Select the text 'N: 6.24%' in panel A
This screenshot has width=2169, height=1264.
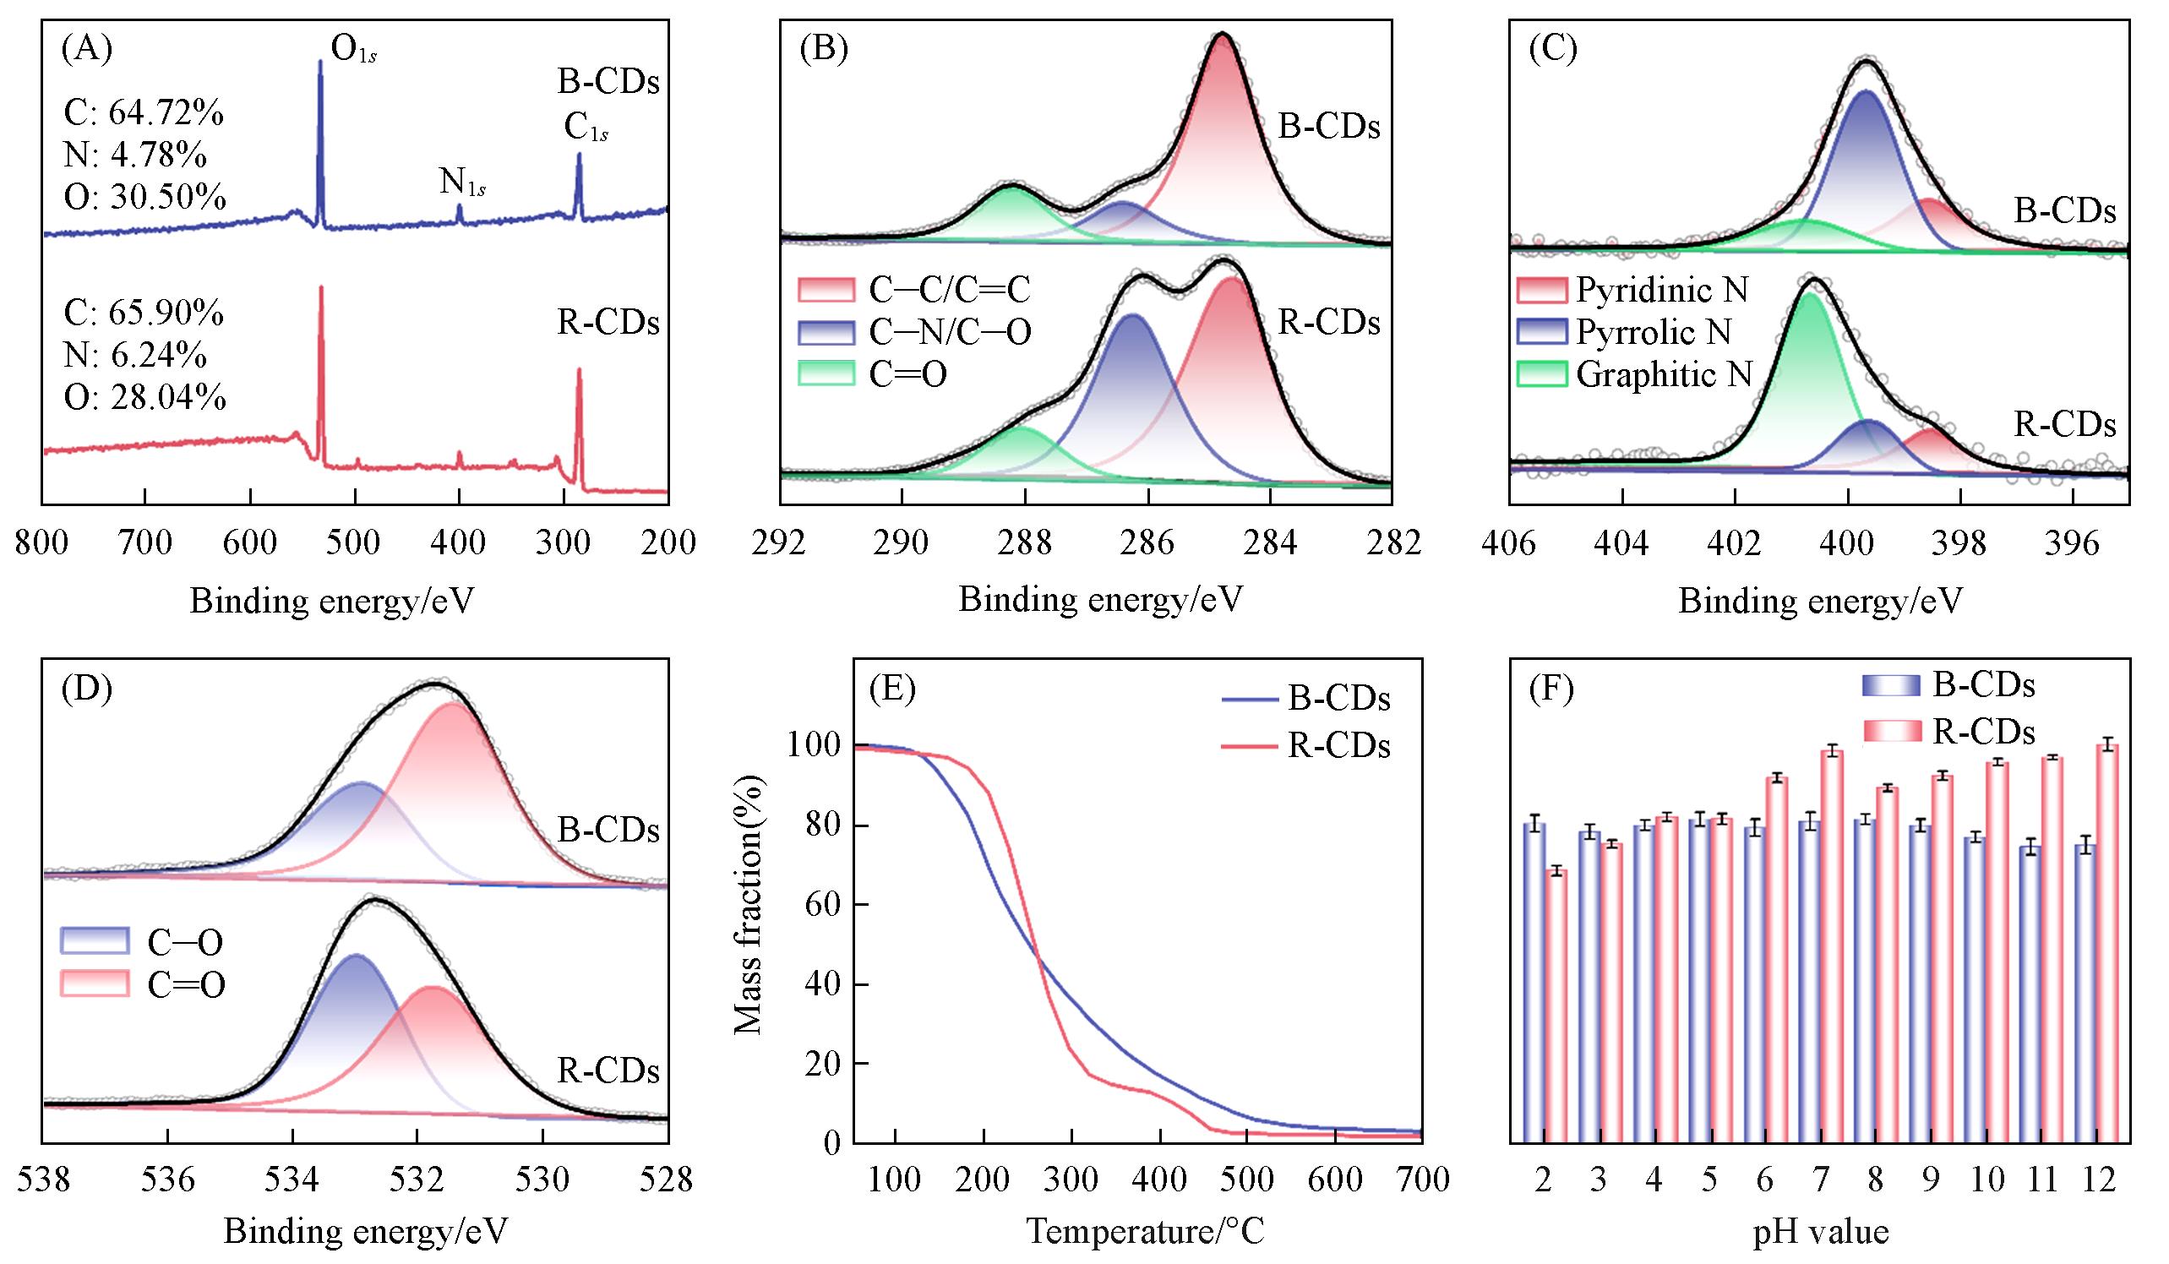[135, 355]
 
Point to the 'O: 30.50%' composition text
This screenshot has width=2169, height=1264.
[144, 198]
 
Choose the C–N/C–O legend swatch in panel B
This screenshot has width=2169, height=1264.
[826, 332]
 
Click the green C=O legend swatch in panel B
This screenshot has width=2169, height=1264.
[826, 373]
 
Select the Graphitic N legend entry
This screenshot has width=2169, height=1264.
[1663, 374]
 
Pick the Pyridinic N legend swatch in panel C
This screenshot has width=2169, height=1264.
[1543, 290]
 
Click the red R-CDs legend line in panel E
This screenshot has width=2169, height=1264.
[1249, 746]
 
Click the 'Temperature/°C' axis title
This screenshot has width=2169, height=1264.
[1146, 1231]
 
